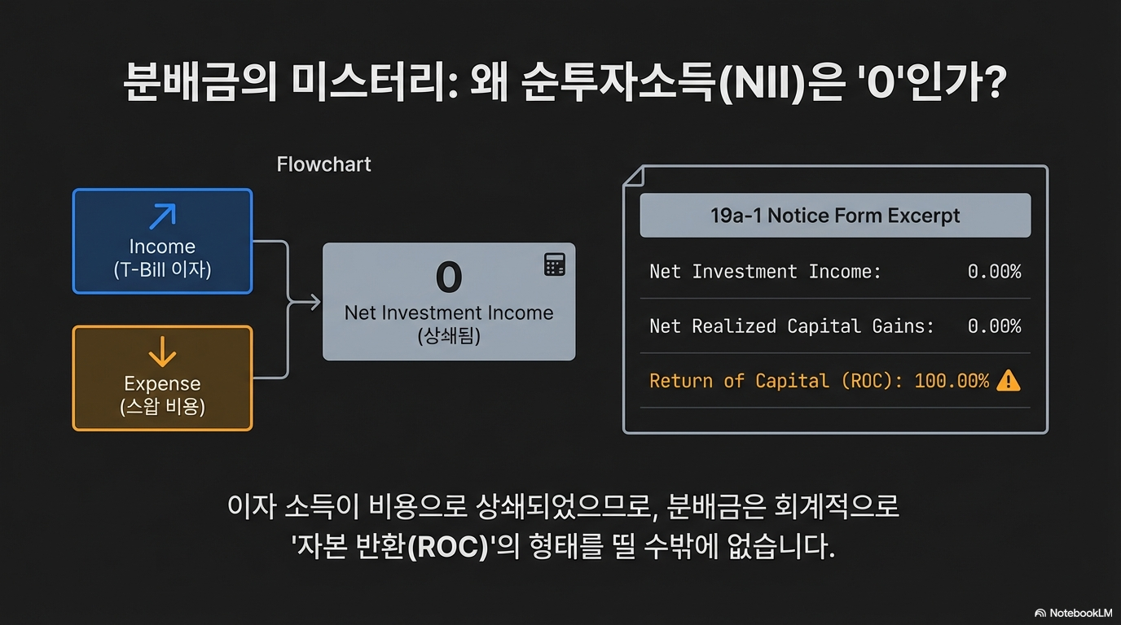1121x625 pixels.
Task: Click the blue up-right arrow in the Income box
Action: pyautogui.click(x=163, y=216)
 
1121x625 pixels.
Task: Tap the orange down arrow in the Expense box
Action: pyautogui.click(x=163, y=352)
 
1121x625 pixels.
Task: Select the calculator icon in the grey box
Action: pyautogui.click(x=554, y=264)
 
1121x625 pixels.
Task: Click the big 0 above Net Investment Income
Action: pyautogui.click(x=449, y=277)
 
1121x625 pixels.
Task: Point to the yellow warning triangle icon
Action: pyautogui.click(x=1009, y=380)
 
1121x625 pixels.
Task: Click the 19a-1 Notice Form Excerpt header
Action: pyautogui.click(x=835, y=216)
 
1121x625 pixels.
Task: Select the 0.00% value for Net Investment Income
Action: pyautogui.click(x=994, y=272)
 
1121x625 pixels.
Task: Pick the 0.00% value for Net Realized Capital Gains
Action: pyautogui.click(x=994, y=326)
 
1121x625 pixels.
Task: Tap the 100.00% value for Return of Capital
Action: pyautogui.click(x=952, y=381)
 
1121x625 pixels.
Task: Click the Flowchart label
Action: pyautogui.click(x=323, y=164)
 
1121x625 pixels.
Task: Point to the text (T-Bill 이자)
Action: pyautogui.click(x=163, y=269)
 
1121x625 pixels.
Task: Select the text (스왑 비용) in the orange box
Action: pyautogui.click(x=163, y=406)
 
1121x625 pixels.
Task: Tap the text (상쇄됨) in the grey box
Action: pyautogui.click(x=449, y=335)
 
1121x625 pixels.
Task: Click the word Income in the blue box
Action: pyautogui.click(x=163, y=247)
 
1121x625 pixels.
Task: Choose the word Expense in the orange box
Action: pyautogui.click(x=163, y=383)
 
